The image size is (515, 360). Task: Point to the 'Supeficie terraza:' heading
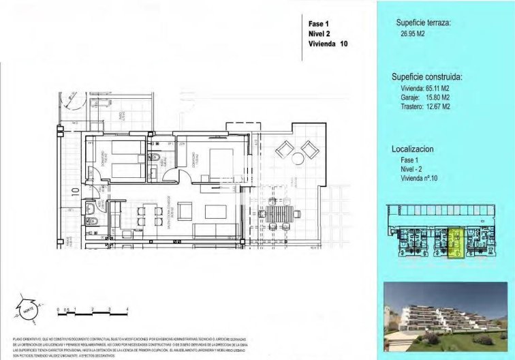click(423, 24)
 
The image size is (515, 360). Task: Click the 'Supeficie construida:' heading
click(428, 77)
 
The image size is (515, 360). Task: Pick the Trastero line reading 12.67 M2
click(425, 106)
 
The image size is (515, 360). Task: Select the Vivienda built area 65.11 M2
click(425, 89)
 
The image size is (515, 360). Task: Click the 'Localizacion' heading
click(413, 148)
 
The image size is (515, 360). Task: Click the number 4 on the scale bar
click(128, 310)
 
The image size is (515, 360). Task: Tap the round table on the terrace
click(298, 159)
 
